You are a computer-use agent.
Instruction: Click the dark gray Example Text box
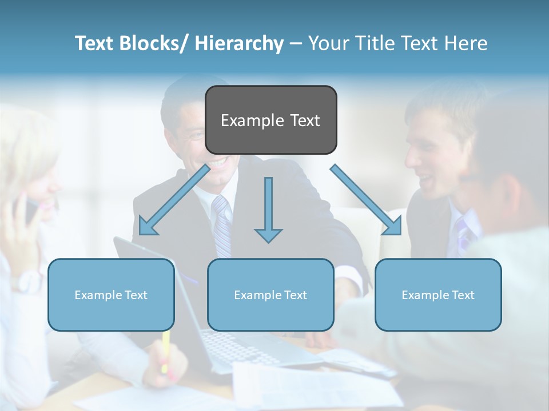click(270, 120)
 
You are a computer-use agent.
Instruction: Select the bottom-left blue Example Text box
click(111, 295)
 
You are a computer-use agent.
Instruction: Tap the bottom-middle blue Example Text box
click(270, 295)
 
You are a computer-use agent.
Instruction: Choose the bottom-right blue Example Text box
click(438, 295)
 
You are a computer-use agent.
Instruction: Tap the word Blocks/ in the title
click(153, 43)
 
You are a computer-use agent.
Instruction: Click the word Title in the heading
click(375, 43)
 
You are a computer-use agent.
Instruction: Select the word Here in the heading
click(466, 43)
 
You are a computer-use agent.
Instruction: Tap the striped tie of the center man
click(222, 225)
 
